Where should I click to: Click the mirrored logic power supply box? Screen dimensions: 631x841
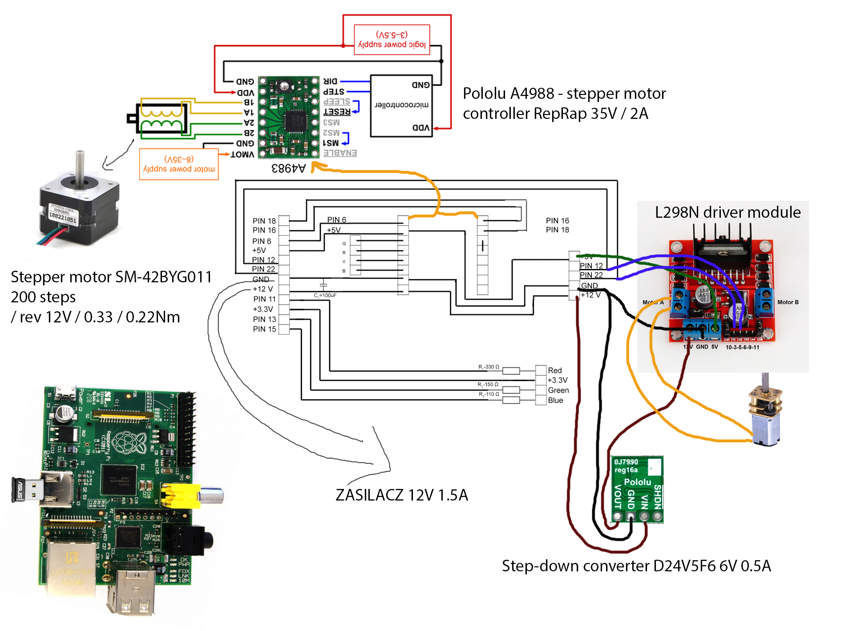(x=392, y=40)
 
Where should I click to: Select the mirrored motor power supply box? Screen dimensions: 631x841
(x=179, y=164)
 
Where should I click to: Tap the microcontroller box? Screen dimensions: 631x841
(x=401, y=106)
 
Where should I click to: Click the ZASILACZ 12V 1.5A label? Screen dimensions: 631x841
(x=401, y=495)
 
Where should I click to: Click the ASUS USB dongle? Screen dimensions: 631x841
(x=27, y=490)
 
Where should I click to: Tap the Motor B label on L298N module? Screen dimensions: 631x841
(x=788, y=302)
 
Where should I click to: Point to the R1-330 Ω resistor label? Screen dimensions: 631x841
(x=489, y=367)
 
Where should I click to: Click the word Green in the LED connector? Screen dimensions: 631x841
(x=558, y=391)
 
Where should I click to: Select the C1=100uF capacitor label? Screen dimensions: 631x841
(x=325, y=295)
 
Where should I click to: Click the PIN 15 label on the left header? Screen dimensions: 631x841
(x=264, y=329)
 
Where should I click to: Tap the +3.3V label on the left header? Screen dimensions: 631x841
(x=263, y=309)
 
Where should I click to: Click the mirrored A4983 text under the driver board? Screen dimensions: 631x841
(x=289, y=168)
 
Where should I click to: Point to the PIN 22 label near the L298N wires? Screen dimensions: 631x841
(x=591, y=275)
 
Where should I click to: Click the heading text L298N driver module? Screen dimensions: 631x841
(x=728, y=212)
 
